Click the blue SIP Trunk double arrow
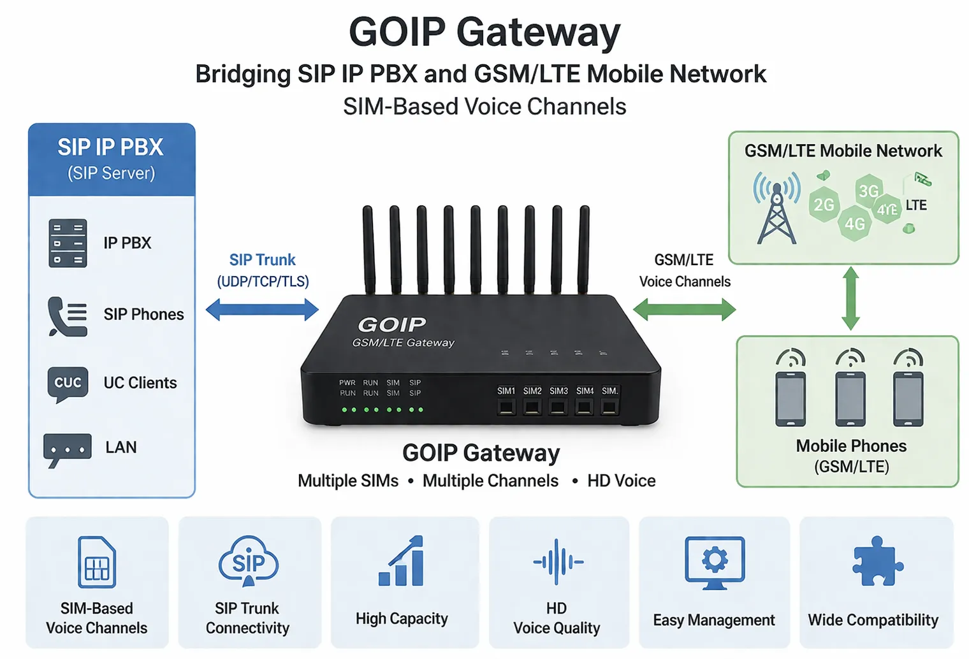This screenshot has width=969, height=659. point(262,310)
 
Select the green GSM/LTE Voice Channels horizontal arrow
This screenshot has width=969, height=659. point(684,310)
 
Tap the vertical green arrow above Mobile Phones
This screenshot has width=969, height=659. point(850,299)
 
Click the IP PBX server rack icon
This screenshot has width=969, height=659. point(68,243)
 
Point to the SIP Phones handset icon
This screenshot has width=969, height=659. point(67,315)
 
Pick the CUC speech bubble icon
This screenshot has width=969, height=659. point(68,384)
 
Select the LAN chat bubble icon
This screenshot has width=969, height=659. point(67,449)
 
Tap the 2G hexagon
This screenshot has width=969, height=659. point(824,205)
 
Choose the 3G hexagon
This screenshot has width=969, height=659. point(869,191)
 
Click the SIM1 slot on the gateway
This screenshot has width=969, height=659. point(507,407)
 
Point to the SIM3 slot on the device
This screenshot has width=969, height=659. point(558,407)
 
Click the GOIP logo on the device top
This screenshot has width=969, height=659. point(392,325)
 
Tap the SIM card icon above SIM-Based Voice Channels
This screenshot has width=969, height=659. point(97,562)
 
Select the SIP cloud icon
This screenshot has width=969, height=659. point(248,561)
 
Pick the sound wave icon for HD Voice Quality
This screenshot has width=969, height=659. point(558,561)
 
